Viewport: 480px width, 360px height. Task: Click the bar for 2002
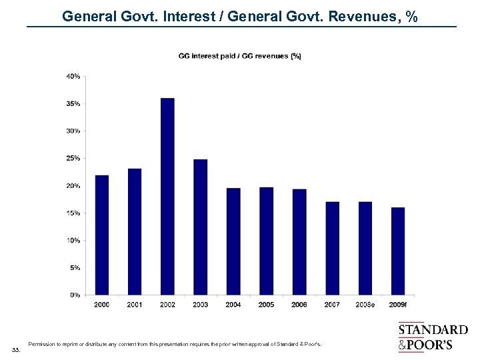click(167, 196)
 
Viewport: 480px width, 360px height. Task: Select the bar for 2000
click(101, 235)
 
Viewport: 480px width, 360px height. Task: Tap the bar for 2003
click(200, 227)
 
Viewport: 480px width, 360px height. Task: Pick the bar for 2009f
click(397, 251)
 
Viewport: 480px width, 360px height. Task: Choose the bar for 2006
click(299, 241)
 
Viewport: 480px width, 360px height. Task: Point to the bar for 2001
click(135, 231)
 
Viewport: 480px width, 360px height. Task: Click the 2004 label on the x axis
click(233, 305)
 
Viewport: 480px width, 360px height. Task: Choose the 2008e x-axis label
click(365, 305)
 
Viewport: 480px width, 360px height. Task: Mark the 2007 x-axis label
click(332, 305)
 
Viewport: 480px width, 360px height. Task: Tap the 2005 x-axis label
click(266, 305)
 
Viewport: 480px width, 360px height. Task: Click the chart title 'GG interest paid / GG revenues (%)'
click(240, 56)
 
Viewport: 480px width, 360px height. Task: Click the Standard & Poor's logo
click(433, 337)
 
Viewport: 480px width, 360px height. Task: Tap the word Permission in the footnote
click(41, 344)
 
